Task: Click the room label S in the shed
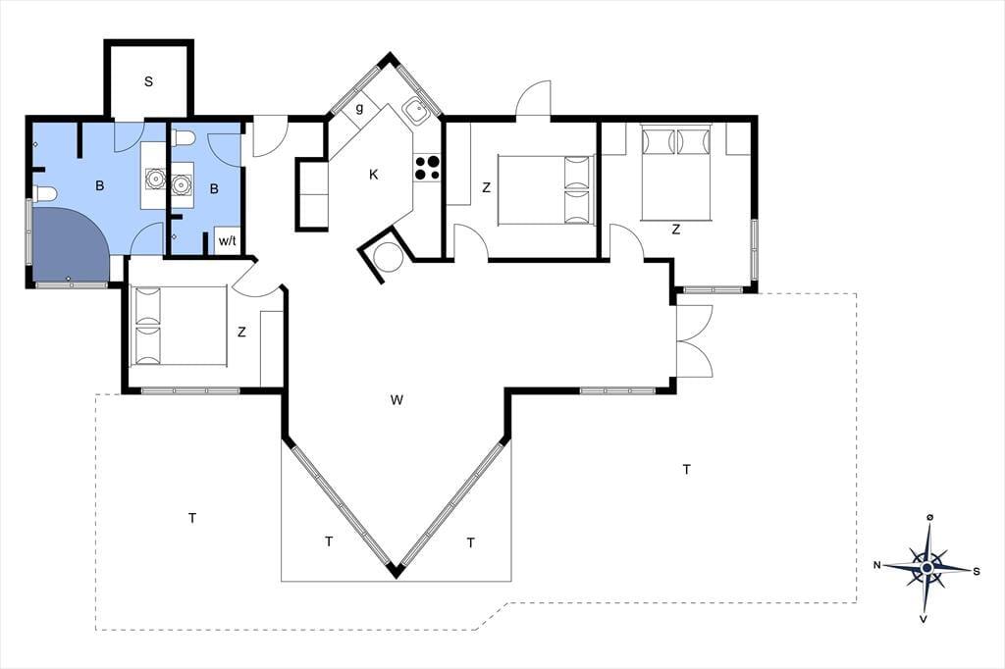149,81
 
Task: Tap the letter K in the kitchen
374,175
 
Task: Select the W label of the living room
397,400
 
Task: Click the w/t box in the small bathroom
228,241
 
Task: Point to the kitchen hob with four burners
427,167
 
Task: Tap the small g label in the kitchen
359,108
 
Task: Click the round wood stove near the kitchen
389,258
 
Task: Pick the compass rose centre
926,568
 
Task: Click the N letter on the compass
876,565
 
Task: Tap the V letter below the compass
924,619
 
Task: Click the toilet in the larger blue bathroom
45,193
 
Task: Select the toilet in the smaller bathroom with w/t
184,137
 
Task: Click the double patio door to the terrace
695,340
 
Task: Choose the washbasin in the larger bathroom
155,178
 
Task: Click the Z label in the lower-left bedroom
241,332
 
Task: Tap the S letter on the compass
977,572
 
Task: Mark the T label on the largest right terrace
686,470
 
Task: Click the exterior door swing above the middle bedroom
534,98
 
